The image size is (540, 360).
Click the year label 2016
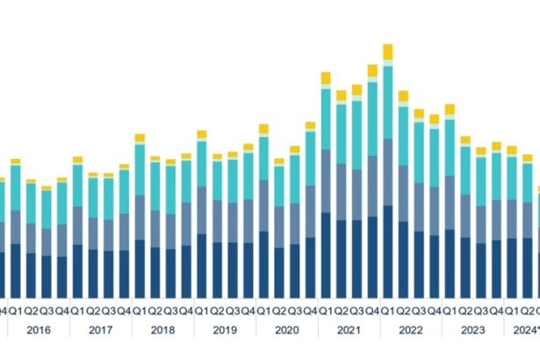[x=39, y=330]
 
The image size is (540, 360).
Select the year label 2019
[x=225, y=330]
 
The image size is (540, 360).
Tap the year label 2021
[x=349, y=330]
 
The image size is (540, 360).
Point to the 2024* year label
[x=525, y=330]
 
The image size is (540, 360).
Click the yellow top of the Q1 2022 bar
[x=387, y=52]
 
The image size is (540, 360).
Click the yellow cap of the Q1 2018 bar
[x=140, y=138]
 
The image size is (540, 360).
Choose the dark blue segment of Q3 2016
[x=47, y=277]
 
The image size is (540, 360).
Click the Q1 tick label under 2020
[x=263, y=310]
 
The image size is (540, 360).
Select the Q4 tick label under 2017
[x=124, y=310]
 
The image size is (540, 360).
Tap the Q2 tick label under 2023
[x=465, y=310]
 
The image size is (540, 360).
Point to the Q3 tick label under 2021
[x=356, y=310]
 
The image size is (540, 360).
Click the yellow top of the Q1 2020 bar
[x=263, y=129]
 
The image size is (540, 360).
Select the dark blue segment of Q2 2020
[x=279, y=272]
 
